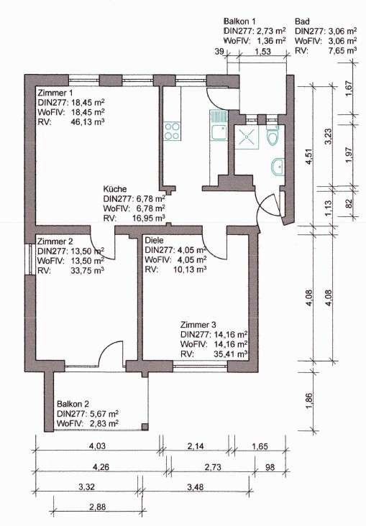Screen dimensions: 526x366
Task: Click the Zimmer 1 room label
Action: tap(55, 93)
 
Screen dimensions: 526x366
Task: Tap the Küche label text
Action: tap(116, 188)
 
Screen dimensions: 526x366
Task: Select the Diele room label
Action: tap(155, 240)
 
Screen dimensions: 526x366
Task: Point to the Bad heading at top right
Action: tap(303, 22)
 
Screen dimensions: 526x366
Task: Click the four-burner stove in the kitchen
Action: tap(172, 131)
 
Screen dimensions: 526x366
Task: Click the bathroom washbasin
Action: tap(278, 167)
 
